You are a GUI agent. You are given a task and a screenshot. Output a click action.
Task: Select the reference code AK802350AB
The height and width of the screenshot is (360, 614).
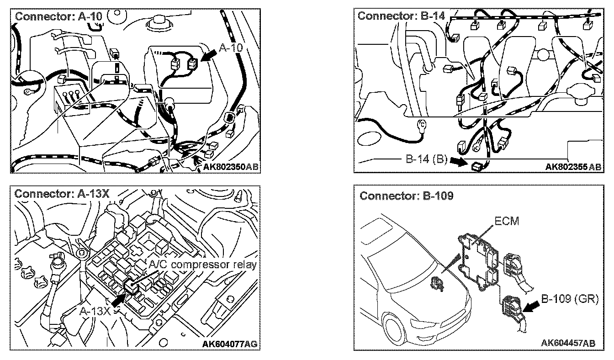[x=230, y=167]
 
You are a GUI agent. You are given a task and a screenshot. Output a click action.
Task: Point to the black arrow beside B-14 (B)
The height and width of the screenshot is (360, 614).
[x=458, y=161]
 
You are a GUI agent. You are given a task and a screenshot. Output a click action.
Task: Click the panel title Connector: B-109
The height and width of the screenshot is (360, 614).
[x=406, y=196]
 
